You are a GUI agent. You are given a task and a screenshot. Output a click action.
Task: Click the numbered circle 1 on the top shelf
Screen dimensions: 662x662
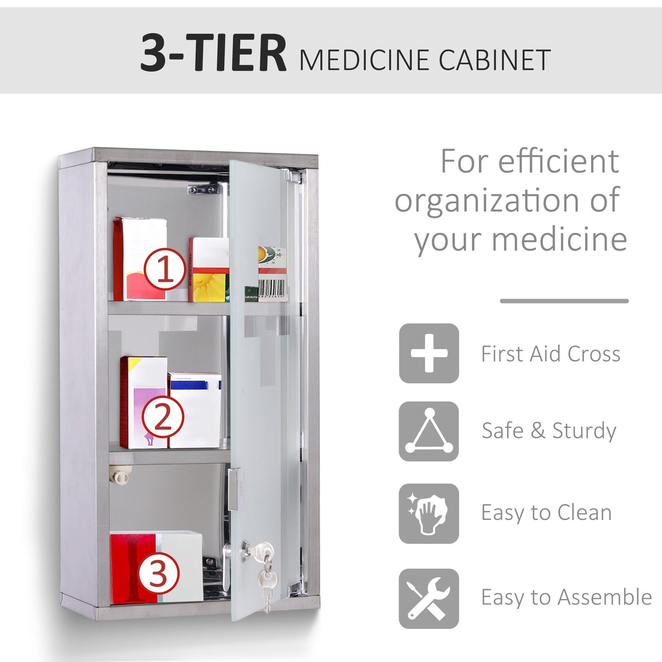point(165,269)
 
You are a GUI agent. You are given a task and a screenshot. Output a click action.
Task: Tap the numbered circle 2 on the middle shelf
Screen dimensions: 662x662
point(163,417)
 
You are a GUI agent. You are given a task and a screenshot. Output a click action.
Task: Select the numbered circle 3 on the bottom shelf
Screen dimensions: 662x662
point(159,573)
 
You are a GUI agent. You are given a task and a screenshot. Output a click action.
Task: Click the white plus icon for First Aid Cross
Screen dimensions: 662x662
point(429,353)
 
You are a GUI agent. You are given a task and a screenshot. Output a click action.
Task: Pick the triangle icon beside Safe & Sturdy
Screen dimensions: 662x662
point(429,431)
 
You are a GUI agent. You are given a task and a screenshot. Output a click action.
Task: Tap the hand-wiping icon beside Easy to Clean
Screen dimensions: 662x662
point(429,514)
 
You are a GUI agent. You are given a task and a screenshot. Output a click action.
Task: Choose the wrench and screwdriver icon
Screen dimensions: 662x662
point(429,598)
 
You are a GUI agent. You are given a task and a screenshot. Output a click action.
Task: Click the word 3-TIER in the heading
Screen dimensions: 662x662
point(213,53)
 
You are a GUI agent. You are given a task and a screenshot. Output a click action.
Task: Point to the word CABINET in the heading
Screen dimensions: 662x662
point(494,60)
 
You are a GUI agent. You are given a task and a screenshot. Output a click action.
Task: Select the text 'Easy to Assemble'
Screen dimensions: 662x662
point(566,597)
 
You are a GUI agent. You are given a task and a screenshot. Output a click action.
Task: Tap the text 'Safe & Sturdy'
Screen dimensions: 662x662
point(549,431)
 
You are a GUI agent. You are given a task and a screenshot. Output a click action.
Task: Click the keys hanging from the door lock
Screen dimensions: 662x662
point(266,577)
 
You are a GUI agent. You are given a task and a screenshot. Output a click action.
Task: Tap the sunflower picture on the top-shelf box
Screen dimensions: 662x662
point(209,287)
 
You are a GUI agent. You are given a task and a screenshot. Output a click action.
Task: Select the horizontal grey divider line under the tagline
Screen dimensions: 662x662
point(564,301)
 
